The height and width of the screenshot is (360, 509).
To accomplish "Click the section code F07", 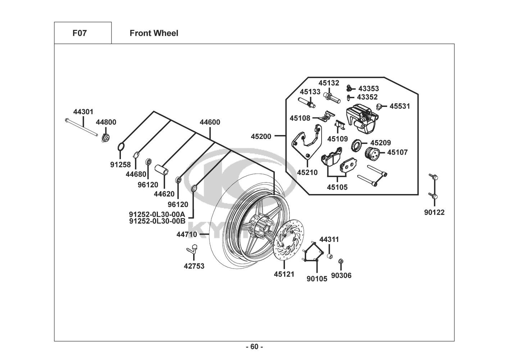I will coord(79,33).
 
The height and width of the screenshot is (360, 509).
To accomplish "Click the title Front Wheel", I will coord(154,33).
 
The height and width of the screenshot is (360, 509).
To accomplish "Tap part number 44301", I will coord(83,112).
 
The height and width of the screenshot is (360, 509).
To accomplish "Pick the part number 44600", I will coord(210,122).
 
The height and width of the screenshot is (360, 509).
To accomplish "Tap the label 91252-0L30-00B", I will coord(157,221).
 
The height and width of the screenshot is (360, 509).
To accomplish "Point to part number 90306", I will coord(341,276).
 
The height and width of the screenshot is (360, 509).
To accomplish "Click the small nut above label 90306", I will coord(341,261).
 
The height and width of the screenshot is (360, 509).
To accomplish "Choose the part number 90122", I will coord(434,212).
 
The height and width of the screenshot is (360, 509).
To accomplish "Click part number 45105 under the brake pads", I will coord(337,187).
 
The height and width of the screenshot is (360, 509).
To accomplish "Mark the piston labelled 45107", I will coord(372,154).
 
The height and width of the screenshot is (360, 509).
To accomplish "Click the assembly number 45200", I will coord(262,136).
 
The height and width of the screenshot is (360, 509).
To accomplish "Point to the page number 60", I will coord(254,347).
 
